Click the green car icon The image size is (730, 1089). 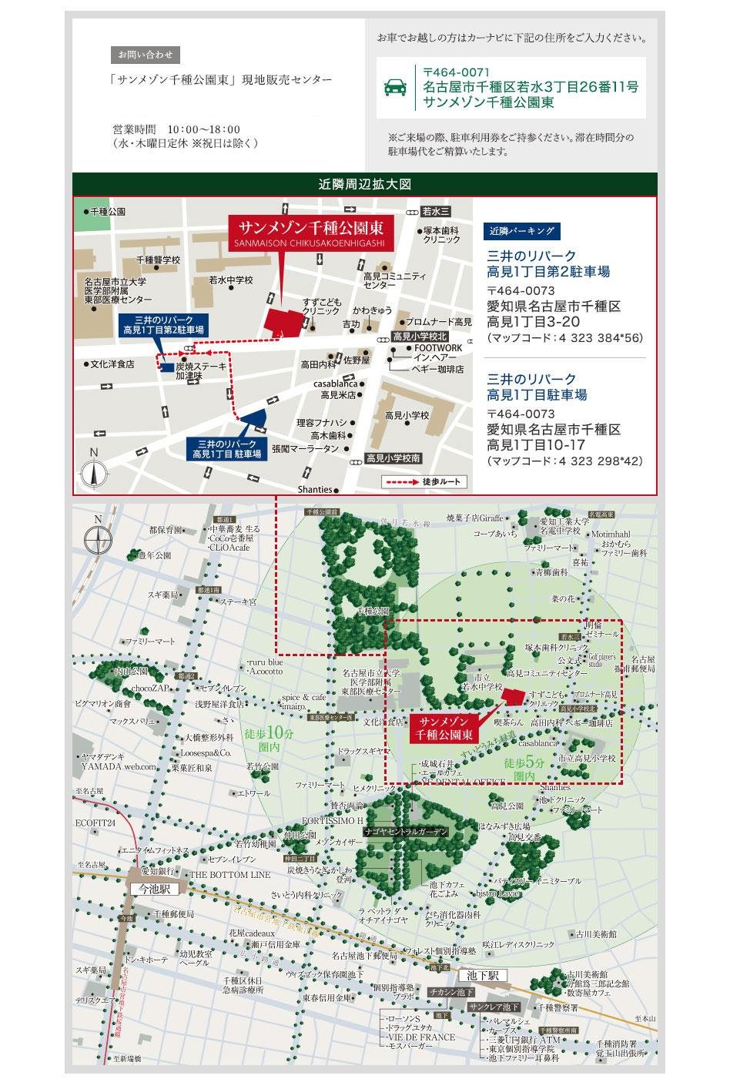tap(395, 87)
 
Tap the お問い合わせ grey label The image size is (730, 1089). tap(146, 55)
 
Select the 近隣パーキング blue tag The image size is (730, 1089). tap(521, 231)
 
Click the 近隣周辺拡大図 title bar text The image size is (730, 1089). tap(364, 185)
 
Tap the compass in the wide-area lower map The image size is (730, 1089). tap(98, 534)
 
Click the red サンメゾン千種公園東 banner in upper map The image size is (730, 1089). tap(311, 232)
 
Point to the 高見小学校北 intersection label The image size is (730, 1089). tap(420, 337)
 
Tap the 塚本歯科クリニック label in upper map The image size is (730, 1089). tap(441, 235)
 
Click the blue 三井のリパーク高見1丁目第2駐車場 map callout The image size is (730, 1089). tap(164, 324)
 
